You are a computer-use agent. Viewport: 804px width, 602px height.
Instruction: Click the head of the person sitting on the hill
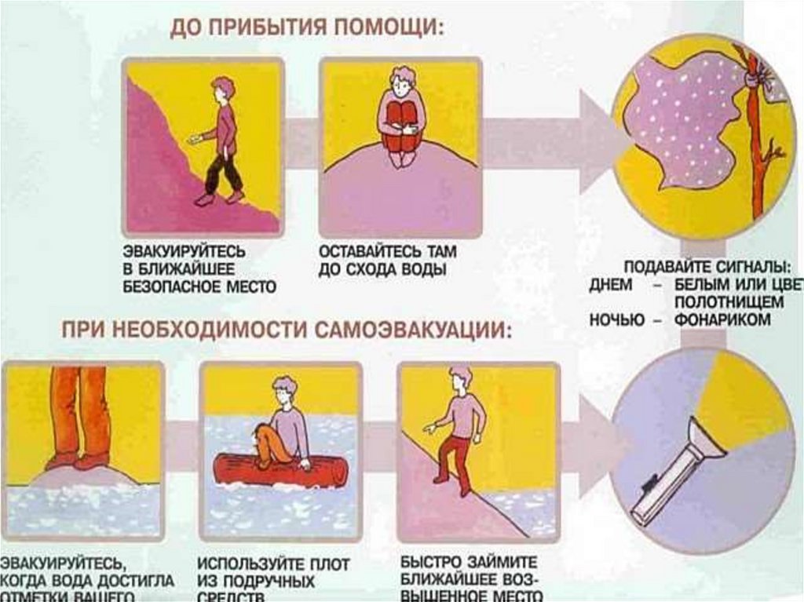(x=404, y=79)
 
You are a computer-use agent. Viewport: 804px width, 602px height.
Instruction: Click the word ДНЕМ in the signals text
(x=610, y=284)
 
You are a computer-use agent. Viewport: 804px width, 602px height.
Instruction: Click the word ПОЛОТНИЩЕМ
(x=728, y=302)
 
